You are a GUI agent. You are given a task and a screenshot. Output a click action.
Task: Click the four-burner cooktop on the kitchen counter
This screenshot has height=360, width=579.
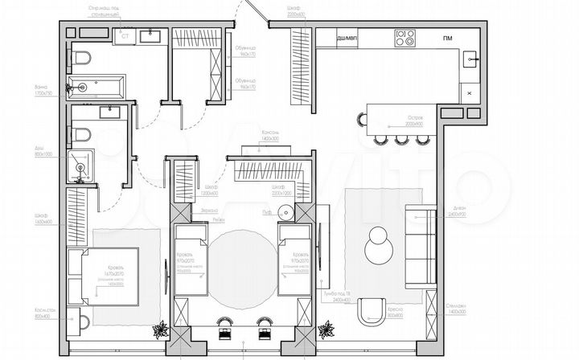(404, 38)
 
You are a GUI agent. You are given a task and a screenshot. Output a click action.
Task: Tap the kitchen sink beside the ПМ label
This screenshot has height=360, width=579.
(472, 58)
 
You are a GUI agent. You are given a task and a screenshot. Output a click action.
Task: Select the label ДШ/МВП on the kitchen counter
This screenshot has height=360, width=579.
(347, 39)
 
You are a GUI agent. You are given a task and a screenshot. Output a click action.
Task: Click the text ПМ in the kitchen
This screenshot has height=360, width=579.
(447, 39)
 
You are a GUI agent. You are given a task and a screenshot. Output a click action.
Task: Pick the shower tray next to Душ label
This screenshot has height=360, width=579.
(80, 167)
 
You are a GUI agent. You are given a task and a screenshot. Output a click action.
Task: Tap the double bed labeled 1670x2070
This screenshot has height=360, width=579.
(101, 275)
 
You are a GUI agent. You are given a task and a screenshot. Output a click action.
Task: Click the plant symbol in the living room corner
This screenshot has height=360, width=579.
(326, 329)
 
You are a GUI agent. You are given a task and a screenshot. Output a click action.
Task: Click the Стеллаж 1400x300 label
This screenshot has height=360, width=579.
(456, 309)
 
